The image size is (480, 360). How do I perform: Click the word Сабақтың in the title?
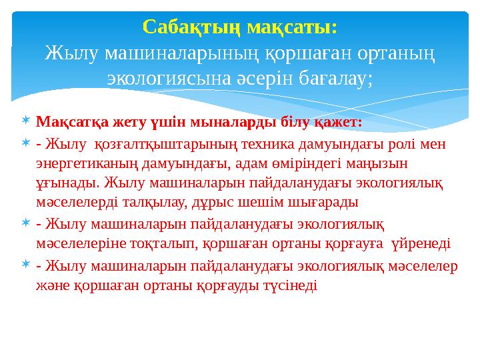(x=192, y=27)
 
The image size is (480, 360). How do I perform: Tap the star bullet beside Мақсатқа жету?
(x=25, y=121)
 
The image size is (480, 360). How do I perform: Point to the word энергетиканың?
(x=83, y=163)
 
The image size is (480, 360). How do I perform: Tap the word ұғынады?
(x=61, y=182)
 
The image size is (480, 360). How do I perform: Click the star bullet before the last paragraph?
(x=25, y=265)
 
